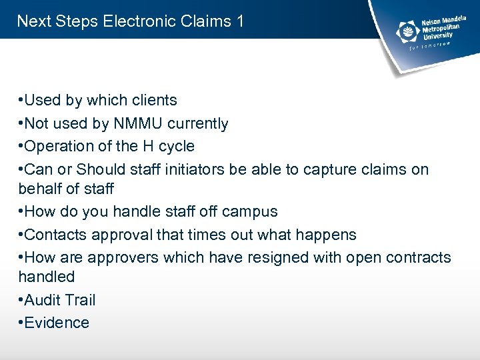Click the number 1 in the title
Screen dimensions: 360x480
tap(239, 21)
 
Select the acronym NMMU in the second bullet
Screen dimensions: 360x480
tap(138, 123)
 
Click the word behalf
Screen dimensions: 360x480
tap(40, 189)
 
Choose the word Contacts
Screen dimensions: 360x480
tap(54, 235)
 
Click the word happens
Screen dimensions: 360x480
tap(328, 235)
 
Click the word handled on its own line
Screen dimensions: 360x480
tap(46, 276)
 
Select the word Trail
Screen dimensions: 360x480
tap(79, 300)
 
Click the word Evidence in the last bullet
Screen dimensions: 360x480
tap(57, 323)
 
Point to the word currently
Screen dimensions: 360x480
tap(198, 123)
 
